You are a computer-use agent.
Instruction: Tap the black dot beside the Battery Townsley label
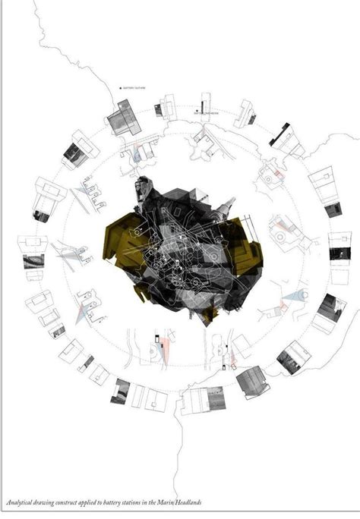pos(121,88)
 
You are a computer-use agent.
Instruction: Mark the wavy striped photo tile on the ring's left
pos(33,261)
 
